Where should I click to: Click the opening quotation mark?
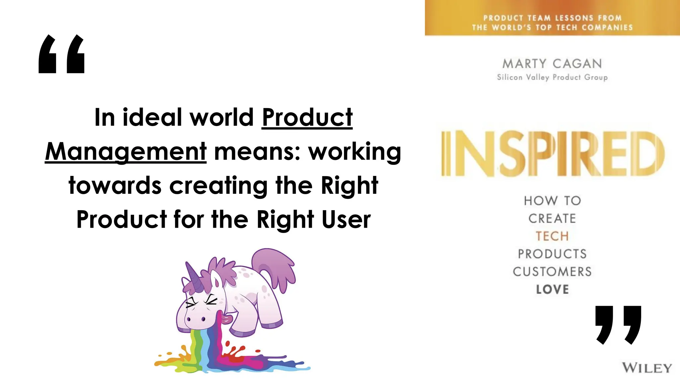pos(62,54)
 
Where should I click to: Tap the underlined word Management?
pos(126,152)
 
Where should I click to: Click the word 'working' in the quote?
pos(355,152)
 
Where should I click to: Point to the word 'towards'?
pos(115,186)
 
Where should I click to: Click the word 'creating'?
pos(218,186)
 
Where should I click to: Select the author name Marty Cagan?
pos(552,64)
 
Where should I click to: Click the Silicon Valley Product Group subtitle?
pos(552,77)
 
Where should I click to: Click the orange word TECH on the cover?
pos(552,236)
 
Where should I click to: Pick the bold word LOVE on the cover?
pos(552,289)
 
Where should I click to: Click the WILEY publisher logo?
pos(646,368)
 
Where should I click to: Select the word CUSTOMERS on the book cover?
pos(552,272)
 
